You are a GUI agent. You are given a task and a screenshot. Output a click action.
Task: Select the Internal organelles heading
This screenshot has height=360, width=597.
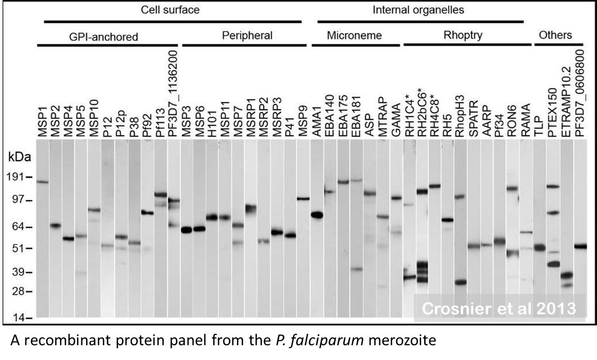click(x=418, y=10)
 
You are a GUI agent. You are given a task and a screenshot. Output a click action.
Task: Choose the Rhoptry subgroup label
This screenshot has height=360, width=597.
click(x=462, y=36)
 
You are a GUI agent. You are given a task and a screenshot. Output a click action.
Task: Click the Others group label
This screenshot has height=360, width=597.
click(x=555, y=36)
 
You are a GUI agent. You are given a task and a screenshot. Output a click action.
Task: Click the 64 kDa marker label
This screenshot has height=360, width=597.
click(x=18, y=227)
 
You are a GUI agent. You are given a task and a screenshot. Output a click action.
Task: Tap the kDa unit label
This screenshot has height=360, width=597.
click(x=18, y=157)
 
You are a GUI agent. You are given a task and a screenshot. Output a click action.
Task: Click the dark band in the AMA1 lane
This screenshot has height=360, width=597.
click(x=317, y=215)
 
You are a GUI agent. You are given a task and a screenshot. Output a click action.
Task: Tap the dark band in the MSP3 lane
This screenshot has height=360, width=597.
click(x=187, y=230)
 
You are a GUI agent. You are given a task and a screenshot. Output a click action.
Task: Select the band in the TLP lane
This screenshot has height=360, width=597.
click(x=540, y=248)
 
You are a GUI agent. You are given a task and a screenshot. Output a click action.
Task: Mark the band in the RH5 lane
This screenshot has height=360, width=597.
click(x=447, y=220)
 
